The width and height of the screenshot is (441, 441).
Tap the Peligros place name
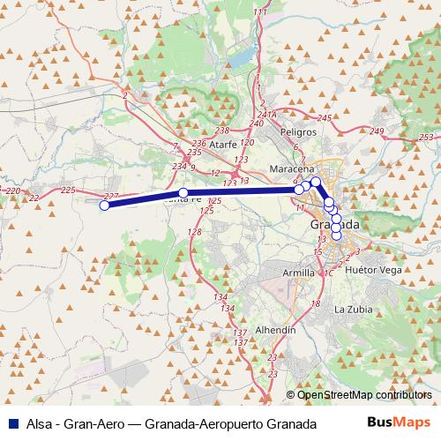pos(298,131)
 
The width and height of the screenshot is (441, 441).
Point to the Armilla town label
pos(296,273)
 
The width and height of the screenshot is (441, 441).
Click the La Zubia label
pos(351,310)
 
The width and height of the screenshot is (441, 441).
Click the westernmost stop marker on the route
pos(103,206)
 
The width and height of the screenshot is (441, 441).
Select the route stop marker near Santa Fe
pos(183,193)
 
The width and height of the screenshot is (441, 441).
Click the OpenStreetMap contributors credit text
pos(364,394)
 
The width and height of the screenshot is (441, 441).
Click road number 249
pos(378,131)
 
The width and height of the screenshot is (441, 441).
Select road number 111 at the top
pos(258,11)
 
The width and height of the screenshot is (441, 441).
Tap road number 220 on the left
pos(12,191)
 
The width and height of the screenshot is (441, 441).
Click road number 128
pos(195,232)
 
